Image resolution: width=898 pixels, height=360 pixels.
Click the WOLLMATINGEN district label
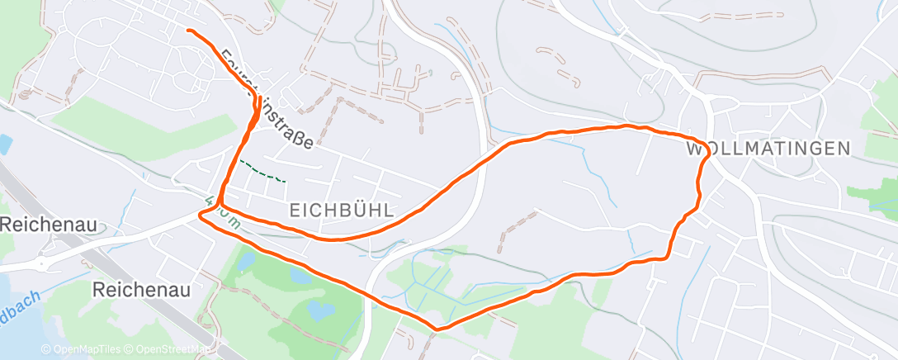768,149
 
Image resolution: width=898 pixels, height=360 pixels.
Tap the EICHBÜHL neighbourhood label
342,211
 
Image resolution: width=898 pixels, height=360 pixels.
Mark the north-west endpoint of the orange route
189,31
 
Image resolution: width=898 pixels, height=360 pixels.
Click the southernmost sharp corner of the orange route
436,329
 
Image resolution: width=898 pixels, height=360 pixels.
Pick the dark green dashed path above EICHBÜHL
261,171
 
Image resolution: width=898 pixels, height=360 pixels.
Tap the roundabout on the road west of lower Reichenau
40,265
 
